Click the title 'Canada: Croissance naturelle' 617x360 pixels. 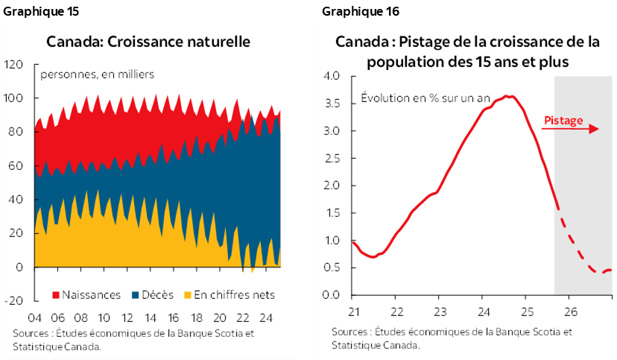pos(148,41)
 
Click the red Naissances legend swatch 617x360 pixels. pos(56,295)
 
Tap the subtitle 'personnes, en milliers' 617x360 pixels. pos(97,75)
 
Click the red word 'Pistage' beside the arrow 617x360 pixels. pos(563,120)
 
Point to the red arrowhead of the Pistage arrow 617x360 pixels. pos(595,129)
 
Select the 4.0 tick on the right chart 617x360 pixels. pos(332,76)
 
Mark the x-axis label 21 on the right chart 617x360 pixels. pos(353,312)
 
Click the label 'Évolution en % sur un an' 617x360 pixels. pos(425,98)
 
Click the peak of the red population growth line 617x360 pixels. pos(507,96)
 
